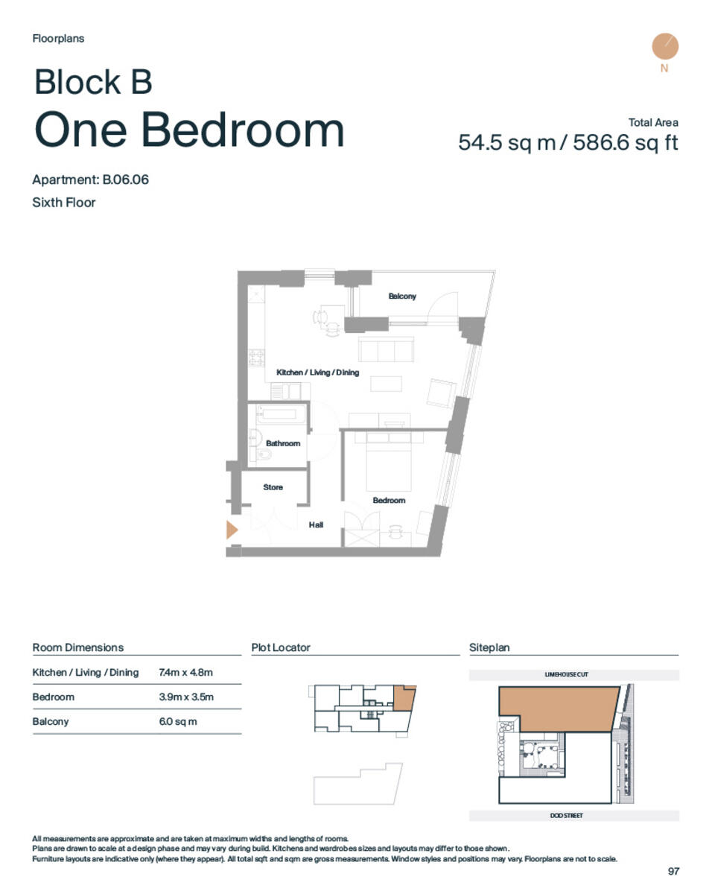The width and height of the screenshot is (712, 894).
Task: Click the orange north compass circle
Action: pyautogui.click(x=664, y=46)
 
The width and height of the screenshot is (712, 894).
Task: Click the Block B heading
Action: pyautogui.click(x=93, y=82)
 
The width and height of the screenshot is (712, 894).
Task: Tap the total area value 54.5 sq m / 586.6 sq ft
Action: pyautogui.click(x=568, y=142)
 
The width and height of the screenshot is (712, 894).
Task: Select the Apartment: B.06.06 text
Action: pyautogui.click(x=90, y=180)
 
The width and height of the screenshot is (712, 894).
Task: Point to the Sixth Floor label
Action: pyautogui.click(x=64, y=202)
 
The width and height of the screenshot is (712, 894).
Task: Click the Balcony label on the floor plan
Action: pyautogui.click(x=401, y=297)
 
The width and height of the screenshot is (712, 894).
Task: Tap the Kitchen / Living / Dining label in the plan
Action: pyautogui.click(x=317, y=372)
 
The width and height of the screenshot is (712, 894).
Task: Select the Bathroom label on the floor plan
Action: pyautogui.click(x=283, y=443)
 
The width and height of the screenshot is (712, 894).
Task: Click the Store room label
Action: pyautogui.click(x=273, y=487)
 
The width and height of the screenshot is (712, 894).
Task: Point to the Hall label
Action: pyautogui.click(x=316, y=525)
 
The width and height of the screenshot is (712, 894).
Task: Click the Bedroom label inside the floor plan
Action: pyautogui.click(x=389, y=501)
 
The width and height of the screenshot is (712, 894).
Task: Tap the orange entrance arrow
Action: pyautogui.click(x=232, y=530)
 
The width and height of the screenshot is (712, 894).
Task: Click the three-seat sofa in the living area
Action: pyautogui.click(x=386, y=349)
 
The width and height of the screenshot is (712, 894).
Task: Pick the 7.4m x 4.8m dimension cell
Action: pyautogui.click(x=185, y=673)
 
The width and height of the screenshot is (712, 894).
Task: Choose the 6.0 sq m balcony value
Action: pyautogui.click(x=178, y=722)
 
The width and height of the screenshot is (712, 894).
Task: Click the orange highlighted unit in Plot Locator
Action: pyautogui.click(x=403, y=697)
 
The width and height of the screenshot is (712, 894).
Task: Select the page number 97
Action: pyautogui.click(x=673, y=871)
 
